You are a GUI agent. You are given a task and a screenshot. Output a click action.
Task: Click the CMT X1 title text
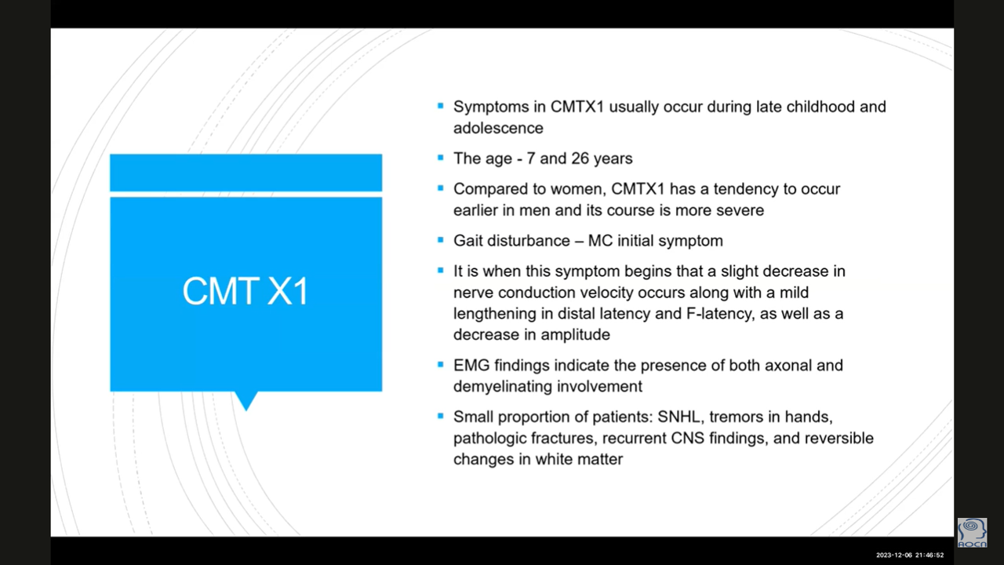(246, 291)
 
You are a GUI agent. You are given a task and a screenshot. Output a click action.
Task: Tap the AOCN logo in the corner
(972, 533)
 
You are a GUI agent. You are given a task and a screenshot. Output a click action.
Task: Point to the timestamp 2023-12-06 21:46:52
(910, 555)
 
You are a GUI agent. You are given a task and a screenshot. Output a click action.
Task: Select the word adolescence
(498, 128)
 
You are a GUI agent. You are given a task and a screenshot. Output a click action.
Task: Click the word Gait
(468, 241)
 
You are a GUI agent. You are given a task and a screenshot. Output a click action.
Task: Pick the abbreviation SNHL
(678, 417)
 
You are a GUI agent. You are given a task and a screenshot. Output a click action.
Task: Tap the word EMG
(471, 366)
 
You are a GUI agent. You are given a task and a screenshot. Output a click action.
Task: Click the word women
(578, 189)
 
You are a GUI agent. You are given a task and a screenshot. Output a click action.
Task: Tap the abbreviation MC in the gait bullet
(600, 241)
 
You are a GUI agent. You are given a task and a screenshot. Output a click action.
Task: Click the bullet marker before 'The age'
(441, 158)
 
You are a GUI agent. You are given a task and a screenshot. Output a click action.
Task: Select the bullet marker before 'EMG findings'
(441, 364)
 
